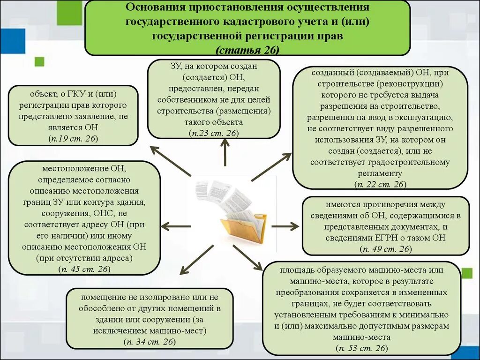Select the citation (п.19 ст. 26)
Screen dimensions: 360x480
click(73, 138)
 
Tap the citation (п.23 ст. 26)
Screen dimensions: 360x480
click(214, 133)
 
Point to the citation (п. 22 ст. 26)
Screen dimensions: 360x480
click(380, 184)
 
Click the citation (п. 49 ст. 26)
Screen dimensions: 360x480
click(385, 248)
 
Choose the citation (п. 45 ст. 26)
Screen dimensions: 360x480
click(84, 269)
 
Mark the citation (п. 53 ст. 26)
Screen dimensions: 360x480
click(361, 348)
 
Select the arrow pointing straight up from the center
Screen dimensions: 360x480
click(225, 152)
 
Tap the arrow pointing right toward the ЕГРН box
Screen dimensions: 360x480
click(285, 226)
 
